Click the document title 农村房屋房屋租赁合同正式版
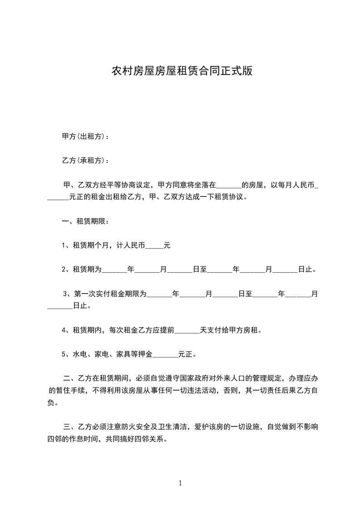click(x=182, y=71)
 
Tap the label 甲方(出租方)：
click(x=85, y=136)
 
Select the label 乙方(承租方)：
click(x=85, y=161)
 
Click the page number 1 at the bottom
click(x=180, y=483)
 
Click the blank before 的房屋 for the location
click(x=229, y=186)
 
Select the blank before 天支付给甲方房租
click(x=187, y=330)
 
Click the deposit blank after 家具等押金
click(x=166, y=354)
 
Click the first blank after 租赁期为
click(x=114, y=270)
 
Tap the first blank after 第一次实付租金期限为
click(x=159, y=295)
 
